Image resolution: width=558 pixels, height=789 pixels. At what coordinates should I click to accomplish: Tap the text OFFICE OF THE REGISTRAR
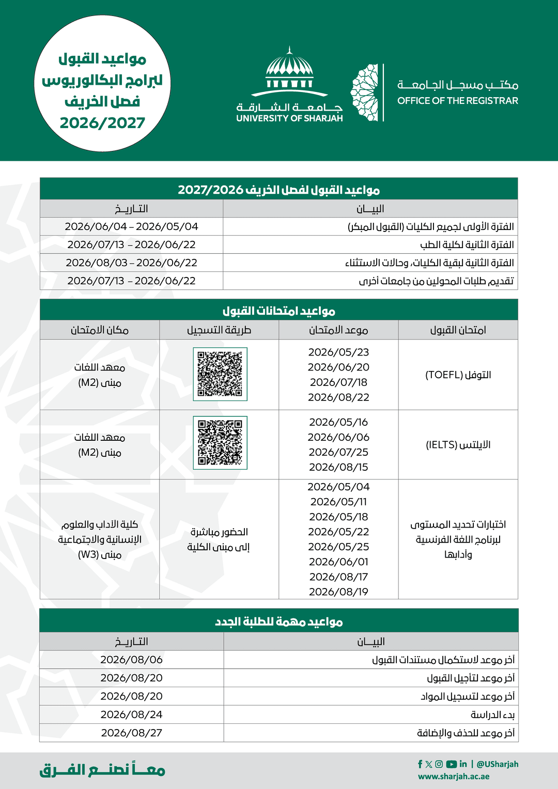[x=458, y=101]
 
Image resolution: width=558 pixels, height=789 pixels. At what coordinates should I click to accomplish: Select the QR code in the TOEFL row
[x=220, y=374]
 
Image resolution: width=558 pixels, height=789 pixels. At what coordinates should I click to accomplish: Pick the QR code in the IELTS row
[x=220, y=443]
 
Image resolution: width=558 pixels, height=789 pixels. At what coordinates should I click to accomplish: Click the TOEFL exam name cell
[x=458, y=375]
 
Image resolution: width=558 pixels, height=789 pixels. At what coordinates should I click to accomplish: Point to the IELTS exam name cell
[x=458, y=445]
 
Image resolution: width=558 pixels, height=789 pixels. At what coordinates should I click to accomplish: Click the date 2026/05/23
[x=338, y=352]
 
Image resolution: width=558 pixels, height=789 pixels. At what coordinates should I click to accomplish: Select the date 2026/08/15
[x=338, y=467]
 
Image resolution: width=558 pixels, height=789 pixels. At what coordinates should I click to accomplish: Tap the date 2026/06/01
[x=338, y=562]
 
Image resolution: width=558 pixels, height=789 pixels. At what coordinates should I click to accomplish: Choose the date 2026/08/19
[x=338, y=592]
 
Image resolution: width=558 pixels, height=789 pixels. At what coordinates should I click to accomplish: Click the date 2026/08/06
[x=131, y=660]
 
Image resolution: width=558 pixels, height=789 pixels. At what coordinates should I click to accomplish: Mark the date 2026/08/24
[x=131, y=715]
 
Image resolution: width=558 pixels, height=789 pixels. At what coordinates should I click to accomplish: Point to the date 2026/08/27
[x=131, y=733]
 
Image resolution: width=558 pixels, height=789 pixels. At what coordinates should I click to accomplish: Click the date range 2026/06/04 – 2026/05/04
[x=131, y=226]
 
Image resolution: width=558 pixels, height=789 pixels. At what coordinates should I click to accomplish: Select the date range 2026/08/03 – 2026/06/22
[x=131, y=262]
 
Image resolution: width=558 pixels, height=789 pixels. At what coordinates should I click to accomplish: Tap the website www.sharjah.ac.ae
[x=454, y=776]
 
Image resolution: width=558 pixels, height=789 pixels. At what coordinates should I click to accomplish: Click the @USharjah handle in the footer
[x=498, y=764]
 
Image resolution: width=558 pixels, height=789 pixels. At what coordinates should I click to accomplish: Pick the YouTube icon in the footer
[x=452, y=764]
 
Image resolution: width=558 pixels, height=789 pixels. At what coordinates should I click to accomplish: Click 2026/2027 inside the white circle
[x=102, y=123]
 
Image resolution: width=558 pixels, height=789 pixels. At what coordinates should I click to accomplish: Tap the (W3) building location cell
[x=100, y=539]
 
